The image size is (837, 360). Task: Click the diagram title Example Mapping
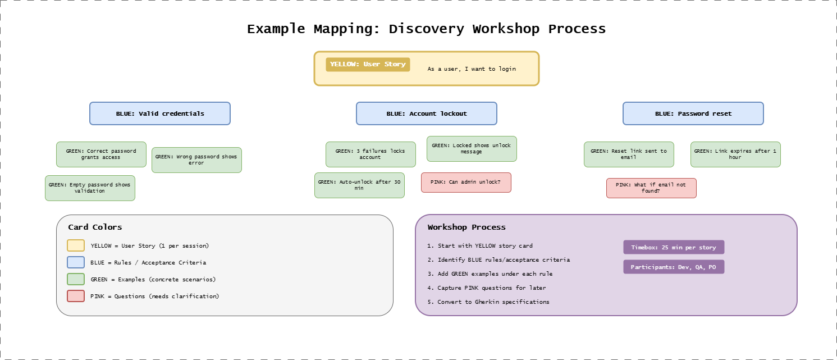click(426, 29)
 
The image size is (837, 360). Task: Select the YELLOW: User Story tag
click(368, 64)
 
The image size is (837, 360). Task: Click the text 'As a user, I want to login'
click(471, 69)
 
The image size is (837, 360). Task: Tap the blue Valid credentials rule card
click(160, 113)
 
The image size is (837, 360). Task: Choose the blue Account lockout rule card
click(426, 113)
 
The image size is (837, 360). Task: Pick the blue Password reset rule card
click(693, 113)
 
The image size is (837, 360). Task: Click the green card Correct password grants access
click(101, 154)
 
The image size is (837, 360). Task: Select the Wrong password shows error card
click(196, 160)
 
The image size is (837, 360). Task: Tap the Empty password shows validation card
click(90, 188)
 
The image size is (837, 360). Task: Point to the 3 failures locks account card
click(371, 154)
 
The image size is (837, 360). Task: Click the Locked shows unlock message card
click(472, 149)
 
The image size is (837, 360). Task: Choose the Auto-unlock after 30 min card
click(359, 185)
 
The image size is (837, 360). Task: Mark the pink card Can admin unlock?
click(466, 183)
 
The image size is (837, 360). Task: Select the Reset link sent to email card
click(629, 154)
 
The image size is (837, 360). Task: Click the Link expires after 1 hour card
click(735, 154)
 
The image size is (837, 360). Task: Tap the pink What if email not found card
click(651, 188)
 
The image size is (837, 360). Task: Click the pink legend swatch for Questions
click(76, 296)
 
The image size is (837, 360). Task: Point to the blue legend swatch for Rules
click(76, 262)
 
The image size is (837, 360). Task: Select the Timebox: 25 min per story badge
click(674, 247)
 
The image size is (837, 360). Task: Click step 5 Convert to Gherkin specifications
click(488, 302)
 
